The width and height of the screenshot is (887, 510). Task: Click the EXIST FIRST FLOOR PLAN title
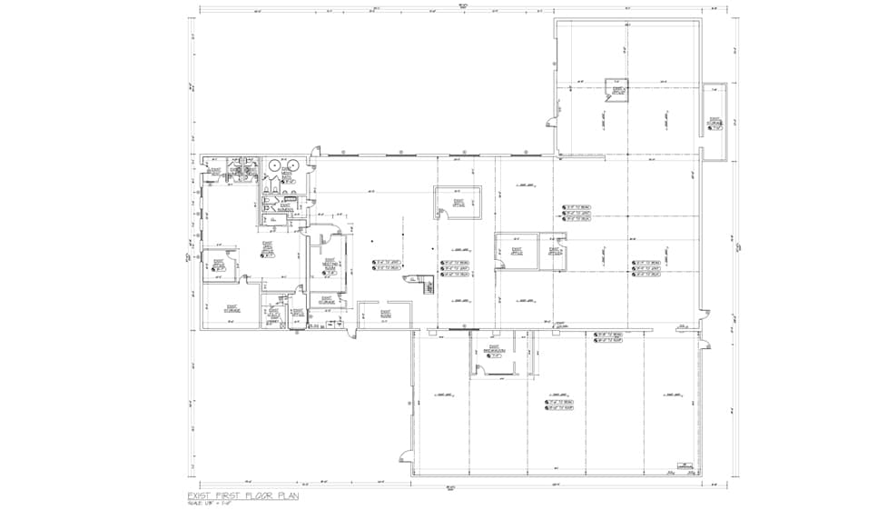click(x=242, y=495)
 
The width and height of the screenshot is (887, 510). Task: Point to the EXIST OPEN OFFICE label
click(x=268, y=248)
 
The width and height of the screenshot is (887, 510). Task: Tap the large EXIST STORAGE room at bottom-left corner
click(x=232, y=308)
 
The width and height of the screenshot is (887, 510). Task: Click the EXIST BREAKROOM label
click(x=495, y=349)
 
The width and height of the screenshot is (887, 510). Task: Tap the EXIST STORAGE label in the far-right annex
click(x=715, y=122)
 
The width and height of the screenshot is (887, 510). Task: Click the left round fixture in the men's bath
click(x=273, y=165)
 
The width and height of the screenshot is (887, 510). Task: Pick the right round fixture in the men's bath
click(x=298, y=165)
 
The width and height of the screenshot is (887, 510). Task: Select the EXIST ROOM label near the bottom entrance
click(x=371, y=315)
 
